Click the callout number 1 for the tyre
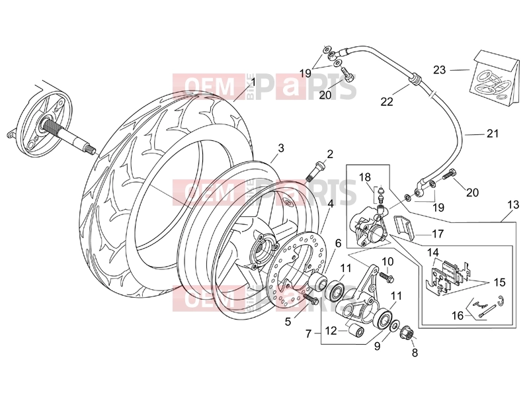[253, 82]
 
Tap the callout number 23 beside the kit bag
[440, 70]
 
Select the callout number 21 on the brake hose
[493, 134]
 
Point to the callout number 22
[387, 101]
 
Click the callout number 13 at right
[513, 204]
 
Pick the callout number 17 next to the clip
[438, 234]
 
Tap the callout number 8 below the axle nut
[415, 353]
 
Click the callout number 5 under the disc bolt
[288, 322]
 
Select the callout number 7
[308, 333]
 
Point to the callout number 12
[331, 330]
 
